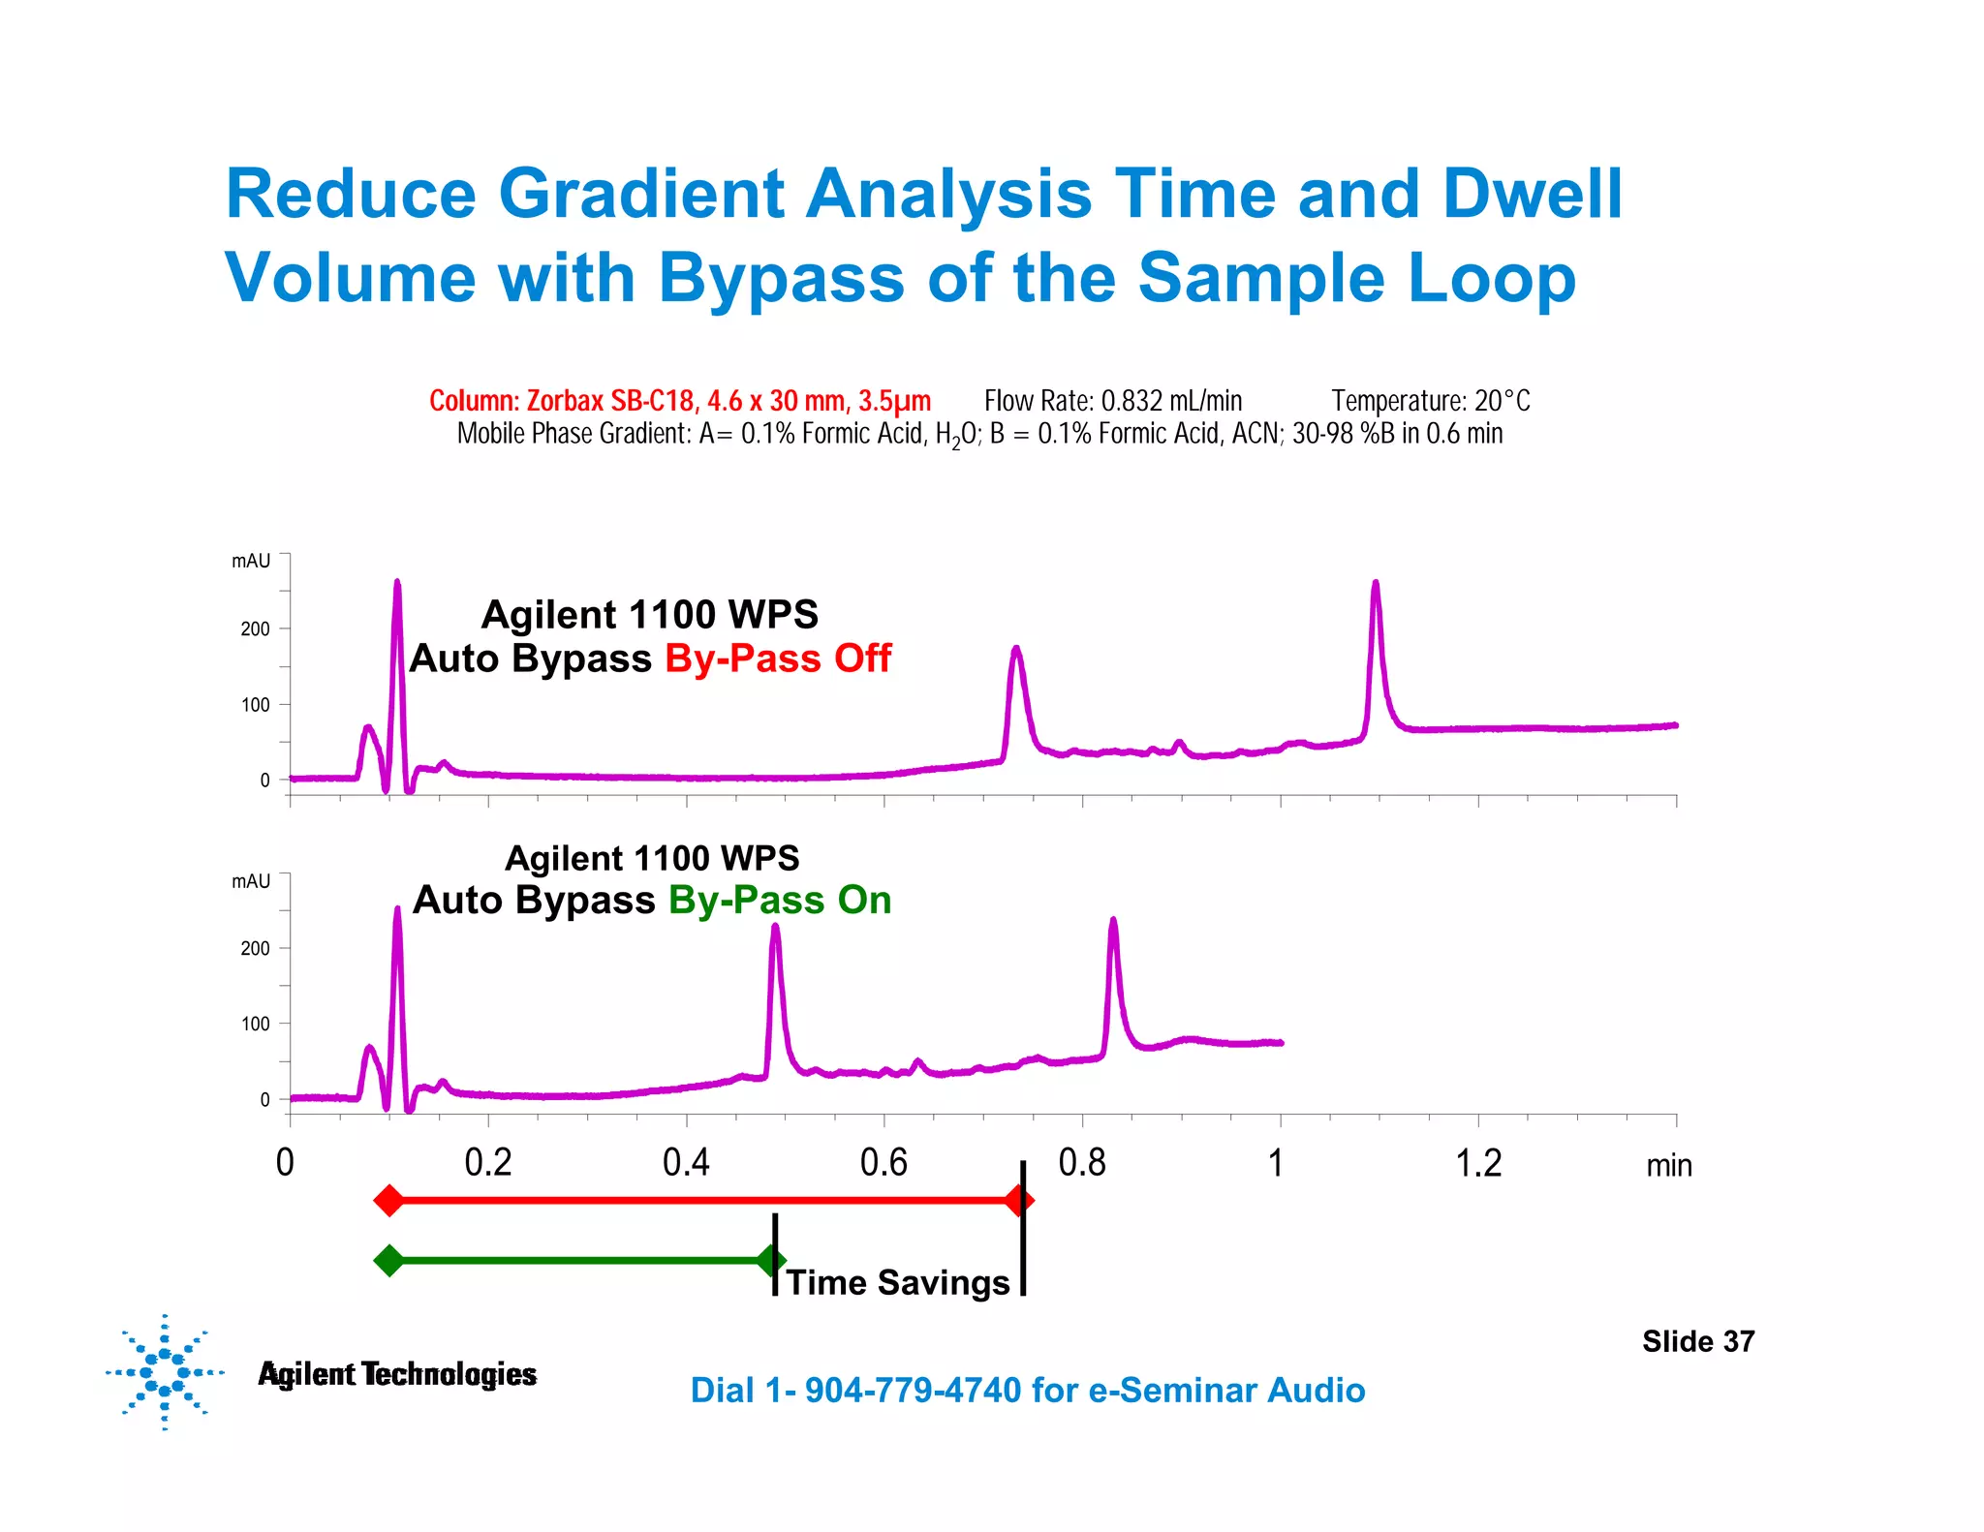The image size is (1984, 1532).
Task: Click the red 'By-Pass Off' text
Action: [x=778, y=659]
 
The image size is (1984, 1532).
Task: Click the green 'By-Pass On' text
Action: [x=780, y=901]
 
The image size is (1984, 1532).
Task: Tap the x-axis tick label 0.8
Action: [x=1082, y=1163]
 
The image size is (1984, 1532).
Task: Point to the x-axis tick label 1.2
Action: [x=1478, y=1163]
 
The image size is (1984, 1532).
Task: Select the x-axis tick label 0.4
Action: [x=686, y=1163]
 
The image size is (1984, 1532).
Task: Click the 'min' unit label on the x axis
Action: [x=1668, y=1166]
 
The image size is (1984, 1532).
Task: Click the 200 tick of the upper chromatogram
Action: [x=256, y=629]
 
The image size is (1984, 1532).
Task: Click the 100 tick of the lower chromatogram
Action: [x=256, y=1025]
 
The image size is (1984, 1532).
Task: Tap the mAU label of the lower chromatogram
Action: [x=251, y=881]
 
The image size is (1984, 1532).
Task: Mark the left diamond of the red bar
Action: [x=388, y=1201]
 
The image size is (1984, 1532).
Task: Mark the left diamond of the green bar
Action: [x=388, y=1261]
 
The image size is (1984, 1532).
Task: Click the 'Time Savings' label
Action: [x=898, y=1283]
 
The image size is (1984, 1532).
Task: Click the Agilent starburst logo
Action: [x=165, y=1372]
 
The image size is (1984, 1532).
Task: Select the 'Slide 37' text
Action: [x=1697, y=1341]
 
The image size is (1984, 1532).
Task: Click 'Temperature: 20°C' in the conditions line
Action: [x=1430, y=401]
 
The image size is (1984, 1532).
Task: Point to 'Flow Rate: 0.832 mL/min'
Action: [x=1113, y=401]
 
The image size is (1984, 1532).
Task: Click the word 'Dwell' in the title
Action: [x=1532, y=195]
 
